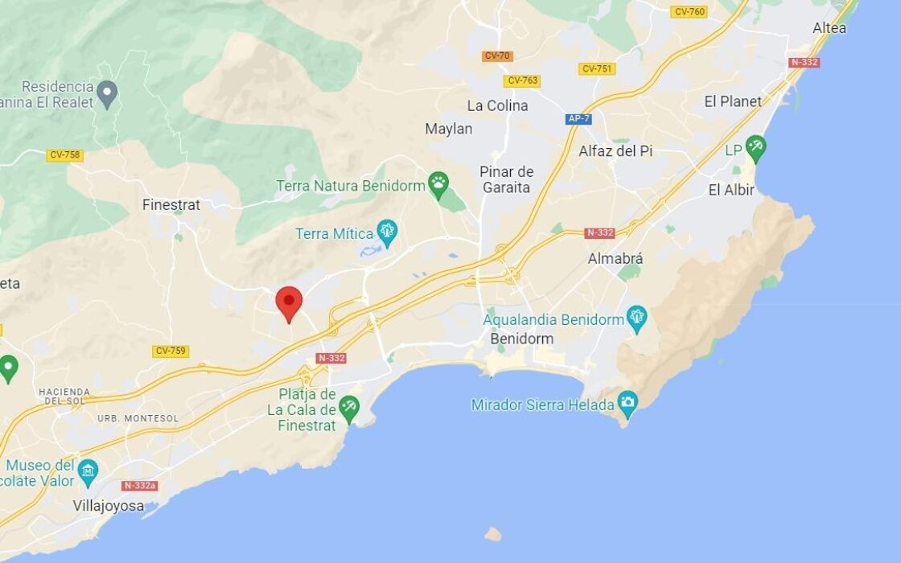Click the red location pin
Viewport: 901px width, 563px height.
coord(289,302)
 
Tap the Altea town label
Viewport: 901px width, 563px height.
coord(829,28)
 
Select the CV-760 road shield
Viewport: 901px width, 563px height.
coord(689,12)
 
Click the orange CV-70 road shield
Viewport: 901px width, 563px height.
coord(497,56)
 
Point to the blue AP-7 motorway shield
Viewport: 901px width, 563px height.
coord(578,119)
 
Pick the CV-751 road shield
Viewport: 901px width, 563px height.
coord(596,69)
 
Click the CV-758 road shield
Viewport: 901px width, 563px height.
coord(64,155)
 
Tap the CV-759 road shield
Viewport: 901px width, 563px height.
coord(171,351)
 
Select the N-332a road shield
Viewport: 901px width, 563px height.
coord(139,486)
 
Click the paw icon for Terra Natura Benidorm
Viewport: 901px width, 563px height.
coord(438,182)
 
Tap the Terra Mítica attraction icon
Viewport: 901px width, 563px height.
coord(388,232)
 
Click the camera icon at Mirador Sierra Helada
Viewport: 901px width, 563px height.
coord(627,402)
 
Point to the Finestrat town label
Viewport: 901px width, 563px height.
coord(171,205)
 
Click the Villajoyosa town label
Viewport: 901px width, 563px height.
coord(109,506)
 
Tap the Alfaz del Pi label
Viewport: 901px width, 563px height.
coord(615,151)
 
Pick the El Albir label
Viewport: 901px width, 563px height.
coord(731,191)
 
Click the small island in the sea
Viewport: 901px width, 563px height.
coord(493,534)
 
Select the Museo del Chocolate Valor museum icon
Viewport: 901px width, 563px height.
coord(88,469)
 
